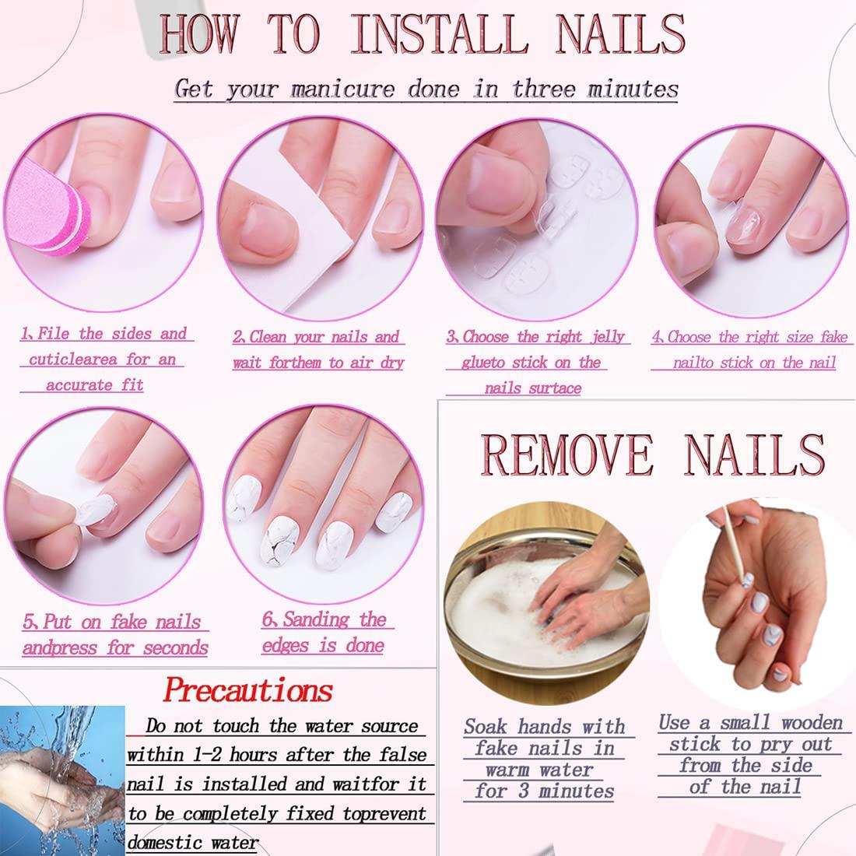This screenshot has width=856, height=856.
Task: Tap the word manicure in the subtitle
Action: click(x=342, y=88)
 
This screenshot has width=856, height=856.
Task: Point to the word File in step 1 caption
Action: click(x=53, y=334)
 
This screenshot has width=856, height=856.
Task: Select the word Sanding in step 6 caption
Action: click(x=316, y=620)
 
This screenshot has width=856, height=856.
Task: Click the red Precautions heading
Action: click(x=248, y=689)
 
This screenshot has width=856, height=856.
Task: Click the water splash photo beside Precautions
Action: click(x=62, y=778)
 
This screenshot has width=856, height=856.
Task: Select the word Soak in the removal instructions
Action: click(x=487, y=727)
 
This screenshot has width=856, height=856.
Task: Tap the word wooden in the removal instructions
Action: click(x=811, y=723)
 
